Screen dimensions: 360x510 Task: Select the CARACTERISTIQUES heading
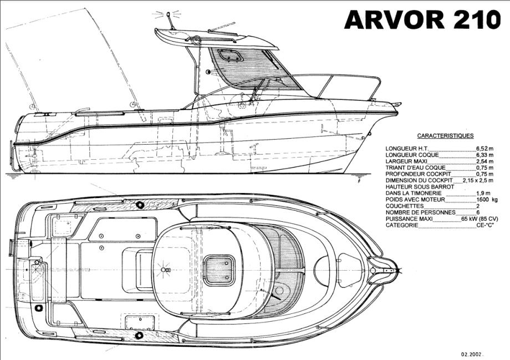445,135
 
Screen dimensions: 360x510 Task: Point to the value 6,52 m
484,149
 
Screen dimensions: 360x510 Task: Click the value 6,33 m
484,155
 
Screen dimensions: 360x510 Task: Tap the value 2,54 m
484,161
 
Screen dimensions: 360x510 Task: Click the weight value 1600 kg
486,199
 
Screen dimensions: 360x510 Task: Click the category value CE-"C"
484,226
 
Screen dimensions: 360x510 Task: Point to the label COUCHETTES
404,206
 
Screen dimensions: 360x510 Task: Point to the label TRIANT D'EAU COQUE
416,168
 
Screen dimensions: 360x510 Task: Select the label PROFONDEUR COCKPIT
417,174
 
